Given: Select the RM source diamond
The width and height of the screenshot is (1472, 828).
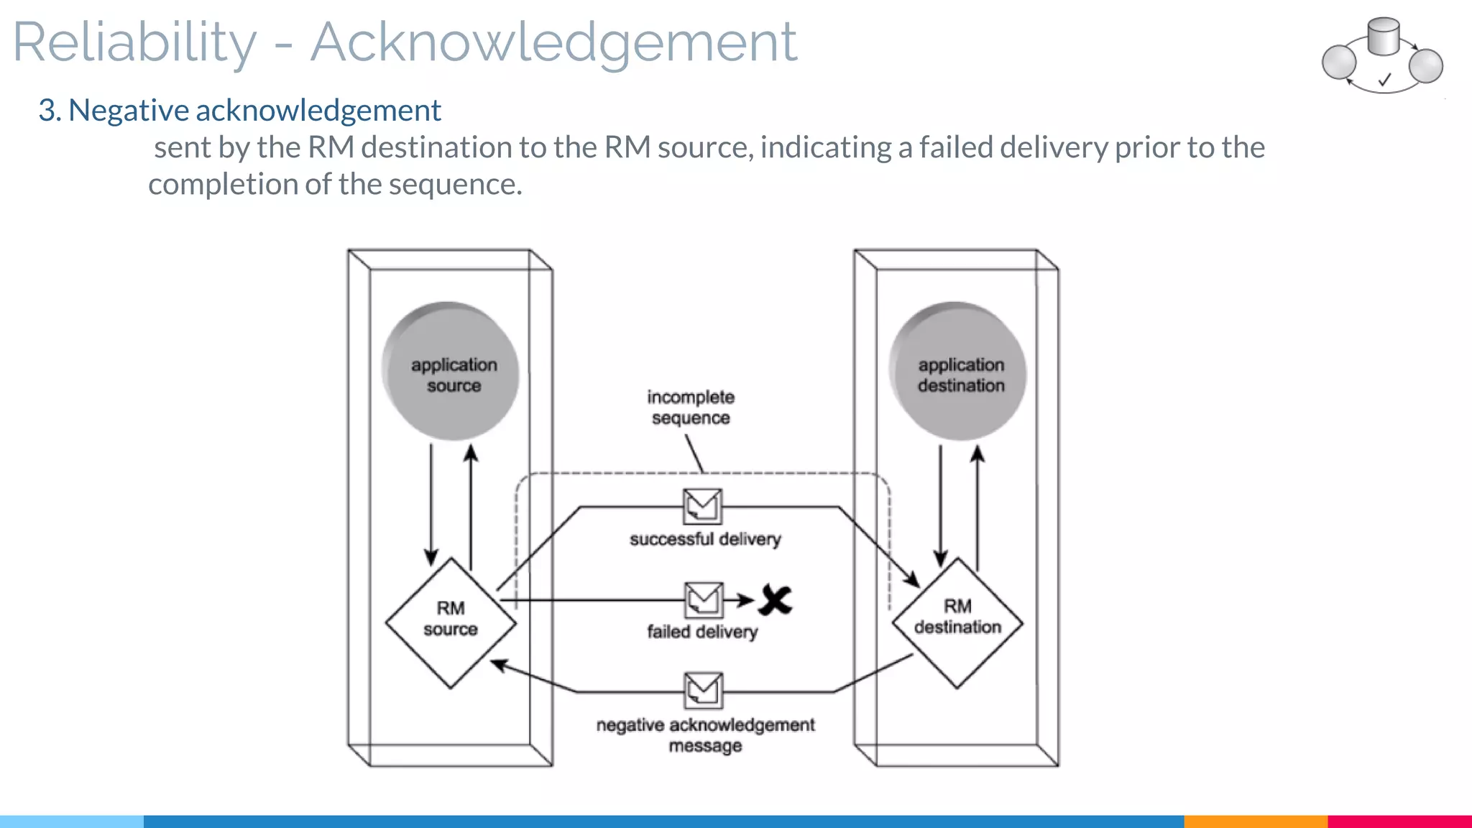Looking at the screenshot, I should pos(451,622).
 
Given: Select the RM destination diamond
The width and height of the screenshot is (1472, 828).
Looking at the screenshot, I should pos(957,622).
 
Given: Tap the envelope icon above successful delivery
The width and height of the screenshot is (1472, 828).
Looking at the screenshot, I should pos(702,506).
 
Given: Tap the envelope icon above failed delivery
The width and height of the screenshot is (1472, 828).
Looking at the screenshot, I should pos(704,599).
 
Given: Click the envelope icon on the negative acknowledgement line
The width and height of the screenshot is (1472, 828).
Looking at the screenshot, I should pos(704,690).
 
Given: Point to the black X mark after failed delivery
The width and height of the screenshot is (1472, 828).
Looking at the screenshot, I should pos(775,600).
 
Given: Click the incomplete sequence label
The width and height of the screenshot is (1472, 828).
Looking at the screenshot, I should pos(690,408).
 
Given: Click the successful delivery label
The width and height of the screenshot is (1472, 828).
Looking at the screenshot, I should pos(704,539).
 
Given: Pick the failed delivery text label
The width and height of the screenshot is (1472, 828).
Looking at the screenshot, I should pos(702,632).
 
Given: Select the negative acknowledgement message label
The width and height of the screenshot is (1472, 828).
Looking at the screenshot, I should pos(705,735).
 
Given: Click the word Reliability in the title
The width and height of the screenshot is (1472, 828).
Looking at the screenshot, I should pos(134,42).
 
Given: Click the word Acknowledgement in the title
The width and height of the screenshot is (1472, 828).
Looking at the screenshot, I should pos(553,42).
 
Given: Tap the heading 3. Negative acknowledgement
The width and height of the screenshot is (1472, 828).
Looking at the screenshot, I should pos(239,110).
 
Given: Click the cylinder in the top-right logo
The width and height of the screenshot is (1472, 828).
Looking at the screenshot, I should pos(1383,37).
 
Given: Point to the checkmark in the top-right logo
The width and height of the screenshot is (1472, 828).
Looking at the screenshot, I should pos(1384,80).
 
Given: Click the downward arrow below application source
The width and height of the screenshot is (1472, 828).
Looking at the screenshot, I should pos(431,503).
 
